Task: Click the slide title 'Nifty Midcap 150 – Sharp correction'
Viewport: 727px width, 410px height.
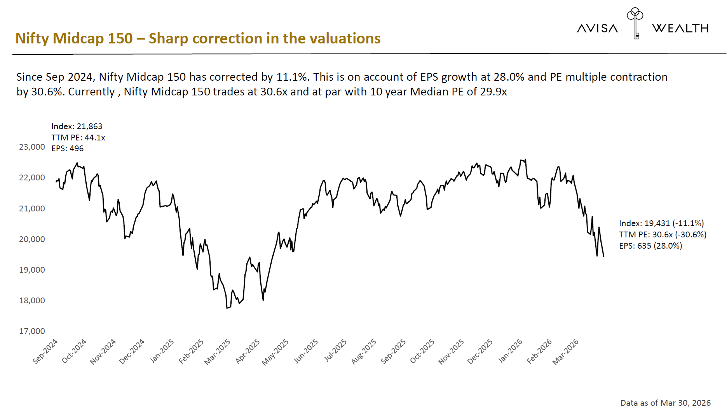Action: tap(198, 38)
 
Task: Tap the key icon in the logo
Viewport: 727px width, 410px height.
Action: tap(635, 23)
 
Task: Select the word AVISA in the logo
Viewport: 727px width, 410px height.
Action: tap(597, 28)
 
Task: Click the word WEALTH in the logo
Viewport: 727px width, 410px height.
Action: tap(680, 28)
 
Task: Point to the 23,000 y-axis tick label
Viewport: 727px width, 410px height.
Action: tap(32, 147)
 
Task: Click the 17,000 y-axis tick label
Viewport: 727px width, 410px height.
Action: tap(32, 331)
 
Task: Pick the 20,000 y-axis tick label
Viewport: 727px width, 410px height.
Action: tap(32, 239)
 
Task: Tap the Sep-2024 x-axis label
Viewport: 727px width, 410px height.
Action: tap(45, 351)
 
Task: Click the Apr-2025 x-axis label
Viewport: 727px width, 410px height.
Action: tap(248, 351)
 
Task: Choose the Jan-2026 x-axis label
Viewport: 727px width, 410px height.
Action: tap(510, 351)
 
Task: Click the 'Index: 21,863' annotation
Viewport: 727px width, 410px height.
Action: tap(77, 126)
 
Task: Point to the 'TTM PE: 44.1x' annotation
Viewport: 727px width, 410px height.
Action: tap(78, 138)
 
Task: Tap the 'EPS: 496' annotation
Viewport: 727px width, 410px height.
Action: tap(68, 149)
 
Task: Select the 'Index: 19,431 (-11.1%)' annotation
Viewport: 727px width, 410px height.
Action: tap(661, 223)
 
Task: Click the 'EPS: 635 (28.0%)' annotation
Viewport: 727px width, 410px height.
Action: tap(650, 246)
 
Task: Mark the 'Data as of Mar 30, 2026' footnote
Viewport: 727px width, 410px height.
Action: tap(665, 403)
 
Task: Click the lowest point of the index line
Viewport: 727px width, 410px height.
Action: tap(227, 308)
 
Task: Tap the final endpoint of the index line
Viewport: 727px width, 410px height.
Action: tap(603, 256)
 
